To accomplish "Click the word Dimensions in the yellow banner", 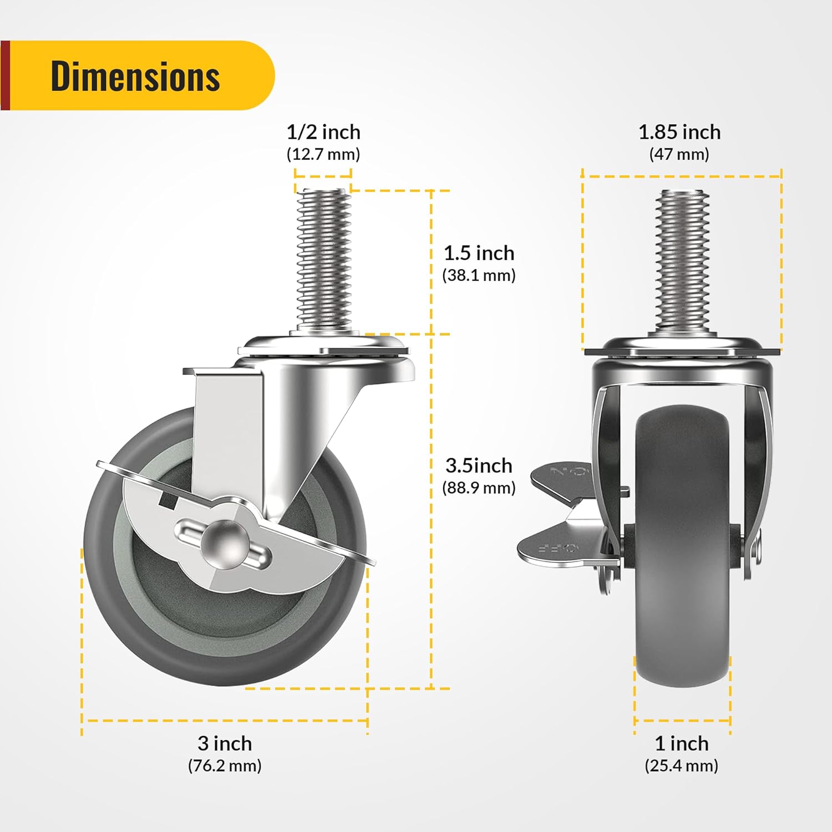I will [135, 76].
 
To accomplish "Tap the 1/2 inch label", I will [323, 132].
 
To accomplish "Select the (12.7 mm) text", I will [323, 154].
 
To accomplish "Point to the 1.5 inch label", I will [479, 253].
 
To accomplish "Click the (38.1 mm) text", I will [479, 275].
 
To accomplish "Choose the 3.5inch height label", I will [479, 465].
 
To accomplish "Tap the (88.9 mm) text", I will [479, 488].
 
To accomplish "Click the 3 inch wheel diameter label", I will [225, 743].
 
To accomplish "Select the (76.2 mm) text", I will [225, 765].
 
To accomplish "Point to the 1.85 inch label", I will [679, 132].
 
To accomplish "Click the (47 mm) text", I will [679, 154].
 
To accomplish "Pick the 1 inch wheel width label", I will [682, 743].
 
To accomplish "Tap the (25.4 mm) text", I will [682, 765].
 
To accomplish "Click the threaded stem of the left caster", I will [324, 261].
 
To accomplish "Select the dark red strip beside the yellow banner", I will [5, 75].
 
